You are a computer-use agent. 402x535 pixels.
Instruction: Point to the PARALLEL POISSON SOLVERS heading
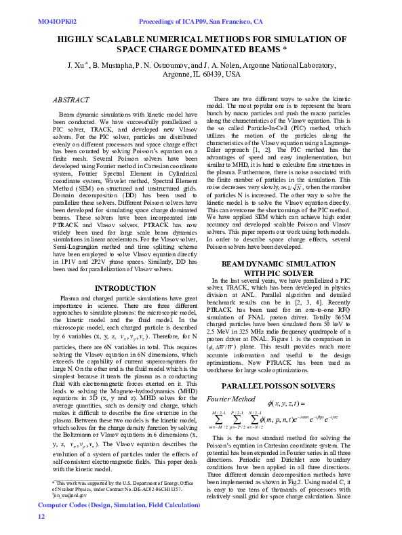pyautogui.click(x=289, y=386)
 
